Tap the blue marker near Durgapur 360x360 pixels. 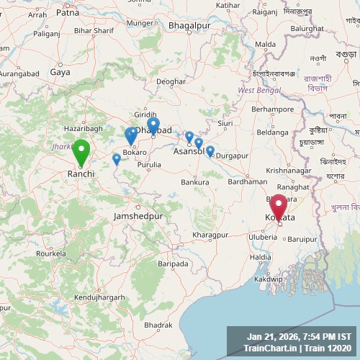point(210,151)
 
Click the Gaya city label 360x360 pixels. point(60,72)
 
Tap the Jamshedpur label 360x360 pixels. point(138,216)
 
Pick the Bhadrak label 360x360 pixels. point(158,325)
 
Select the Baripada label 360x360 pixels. point(173,264)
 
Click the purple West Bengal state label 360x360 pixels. point(257,90)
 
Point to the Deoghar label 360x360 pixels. point(171,81)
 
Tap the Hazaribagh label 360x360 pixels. point(84,127)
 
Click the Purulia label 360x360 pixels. point(150,165)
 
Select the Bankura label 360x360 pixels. point(194,182)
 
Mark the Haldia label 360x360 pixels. point(261,257)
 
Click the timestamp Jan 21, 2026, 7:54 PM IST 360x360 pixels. point(299,336)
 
